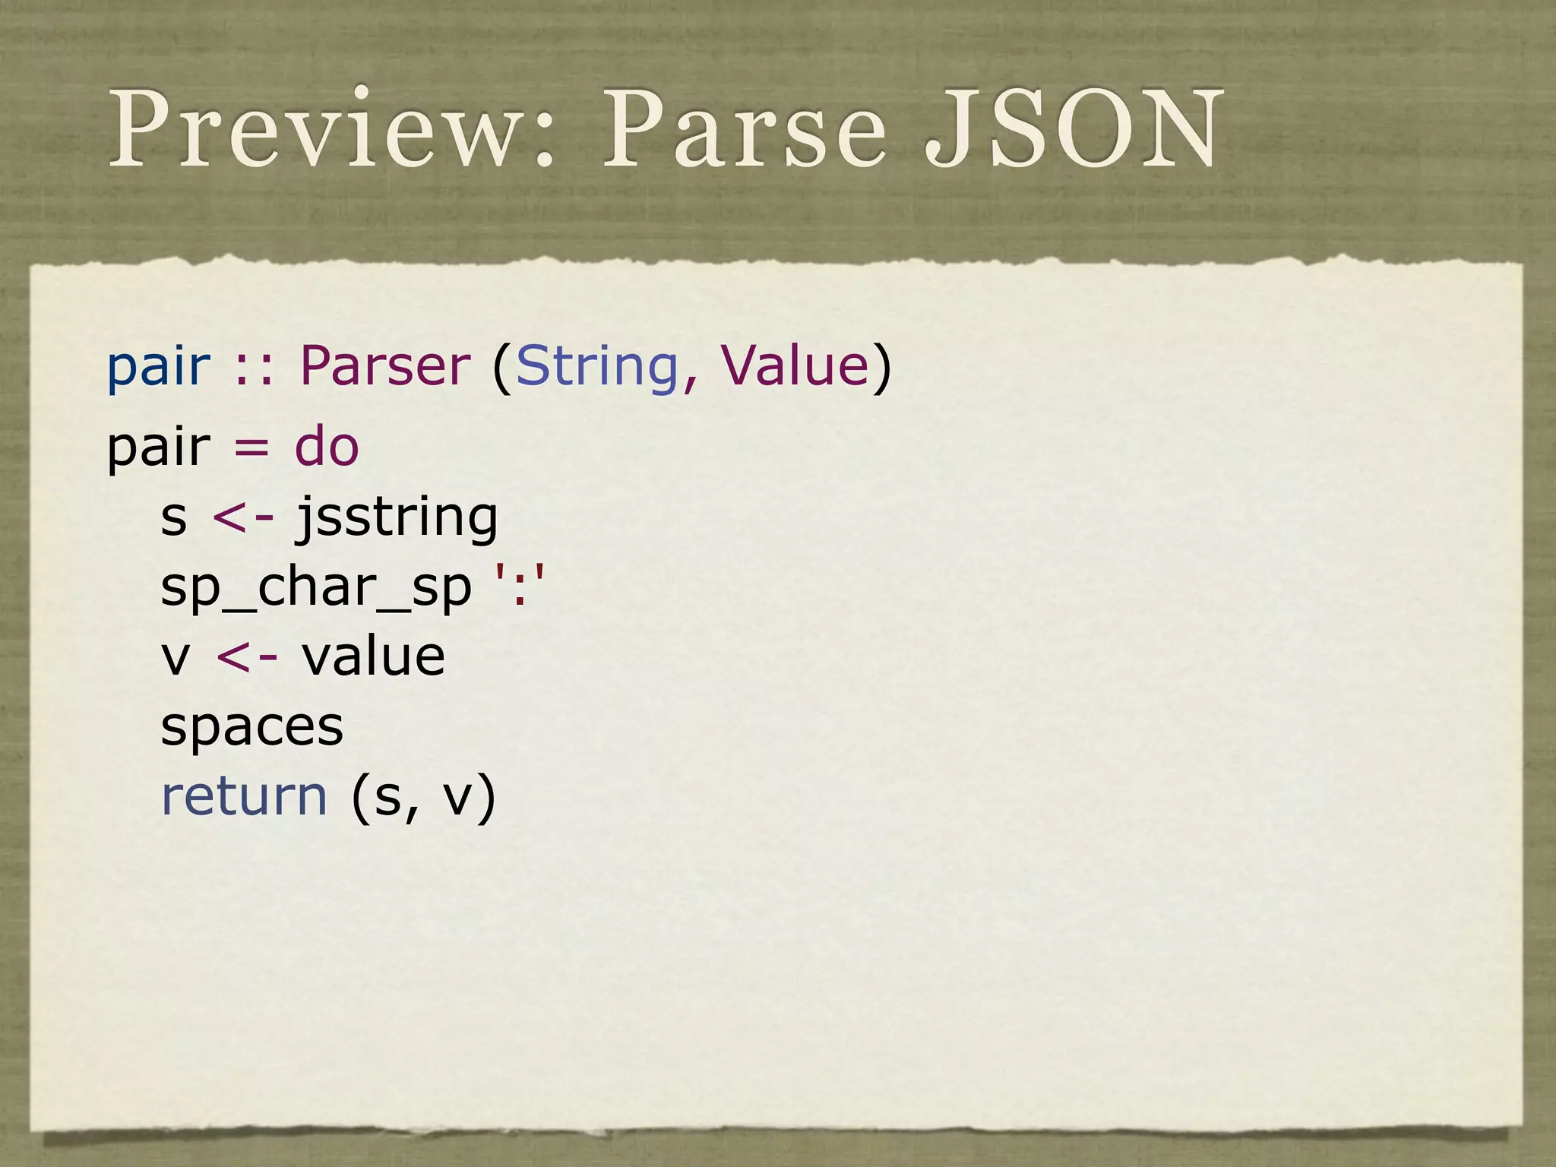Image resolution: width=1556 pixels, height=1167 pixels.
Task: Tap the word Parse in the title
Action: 745,129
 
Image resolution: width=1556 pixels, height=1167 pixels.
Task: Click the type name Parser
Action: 385,366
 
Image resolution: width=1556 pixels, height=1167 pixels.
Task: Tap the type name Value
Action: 794,366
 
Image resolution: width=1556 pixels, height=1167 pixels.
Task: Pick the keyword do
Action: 326,447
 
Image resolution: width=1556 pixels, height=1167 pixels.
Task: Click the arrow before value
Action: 246,658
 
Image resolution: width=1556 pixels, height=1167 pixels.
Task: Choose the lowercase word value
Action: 373,656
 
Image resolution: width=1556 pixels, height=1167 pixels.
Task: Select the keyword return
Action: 244,796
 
